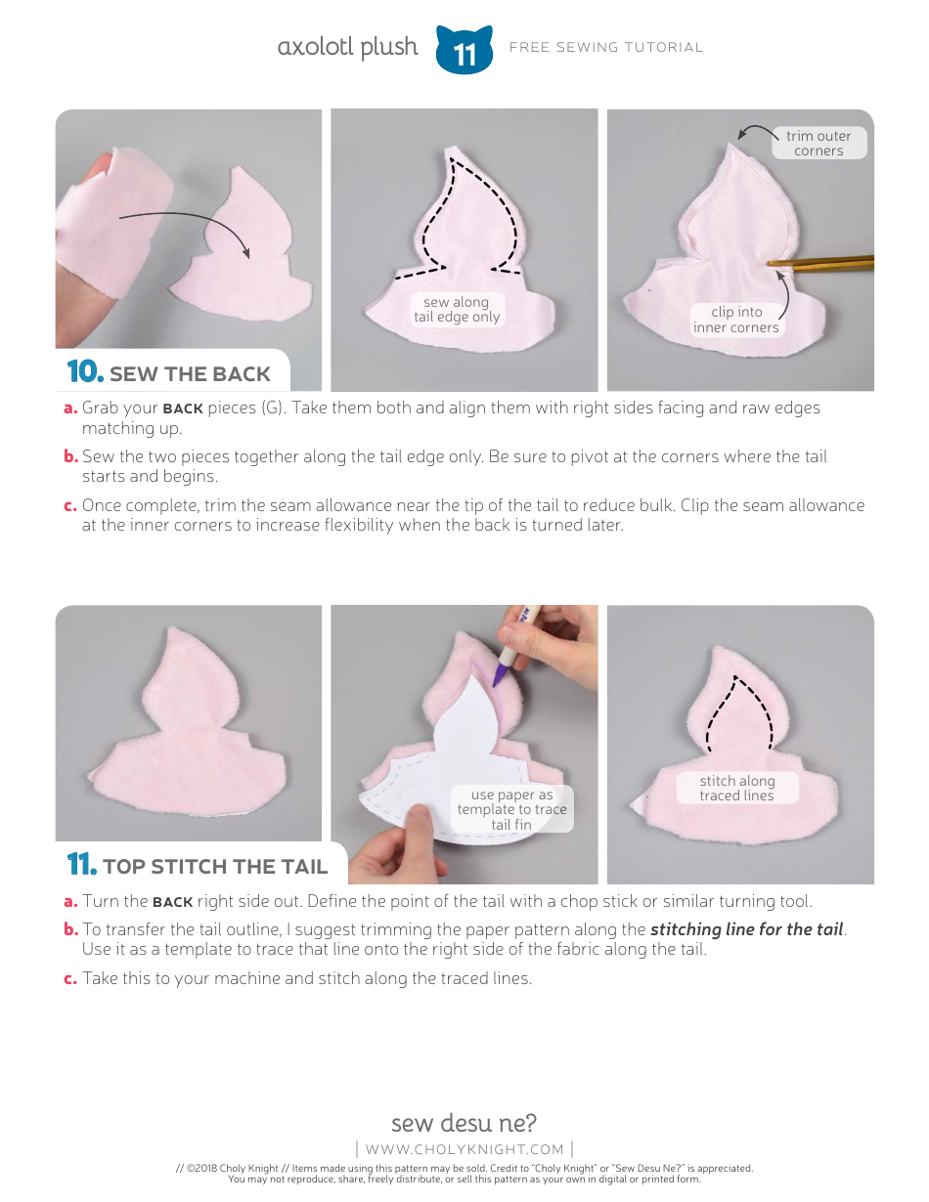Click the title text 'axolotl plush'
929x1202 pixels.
[x=347, y=47]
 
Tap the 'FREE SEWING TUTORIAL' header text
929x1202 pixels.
[x=605, y=47]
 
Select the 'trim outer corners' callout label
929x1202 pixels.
[x=818, y=144]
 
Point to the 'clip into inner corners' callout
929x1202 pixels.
[x=736, y=320]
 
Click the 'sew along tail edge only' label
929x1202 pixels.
[x=457, y=310]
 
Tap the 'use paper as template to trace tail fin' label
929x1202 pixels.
[x=511, y=809]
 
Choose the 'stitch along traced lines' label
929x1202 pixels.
[x=736, y=788]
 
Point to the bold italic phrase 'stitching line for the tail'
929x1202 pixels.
[x=746, y=929]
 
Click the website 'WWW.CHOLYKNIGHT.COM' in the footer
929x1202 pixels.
[x=464, y=1149]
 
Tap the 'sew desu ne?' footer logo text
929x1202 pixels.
[x=464, y=1122]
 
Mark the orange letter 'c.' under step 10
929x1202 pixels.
[x=70, y=506]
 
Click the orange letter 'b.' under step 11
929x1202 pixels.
[x=70, y=930]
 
